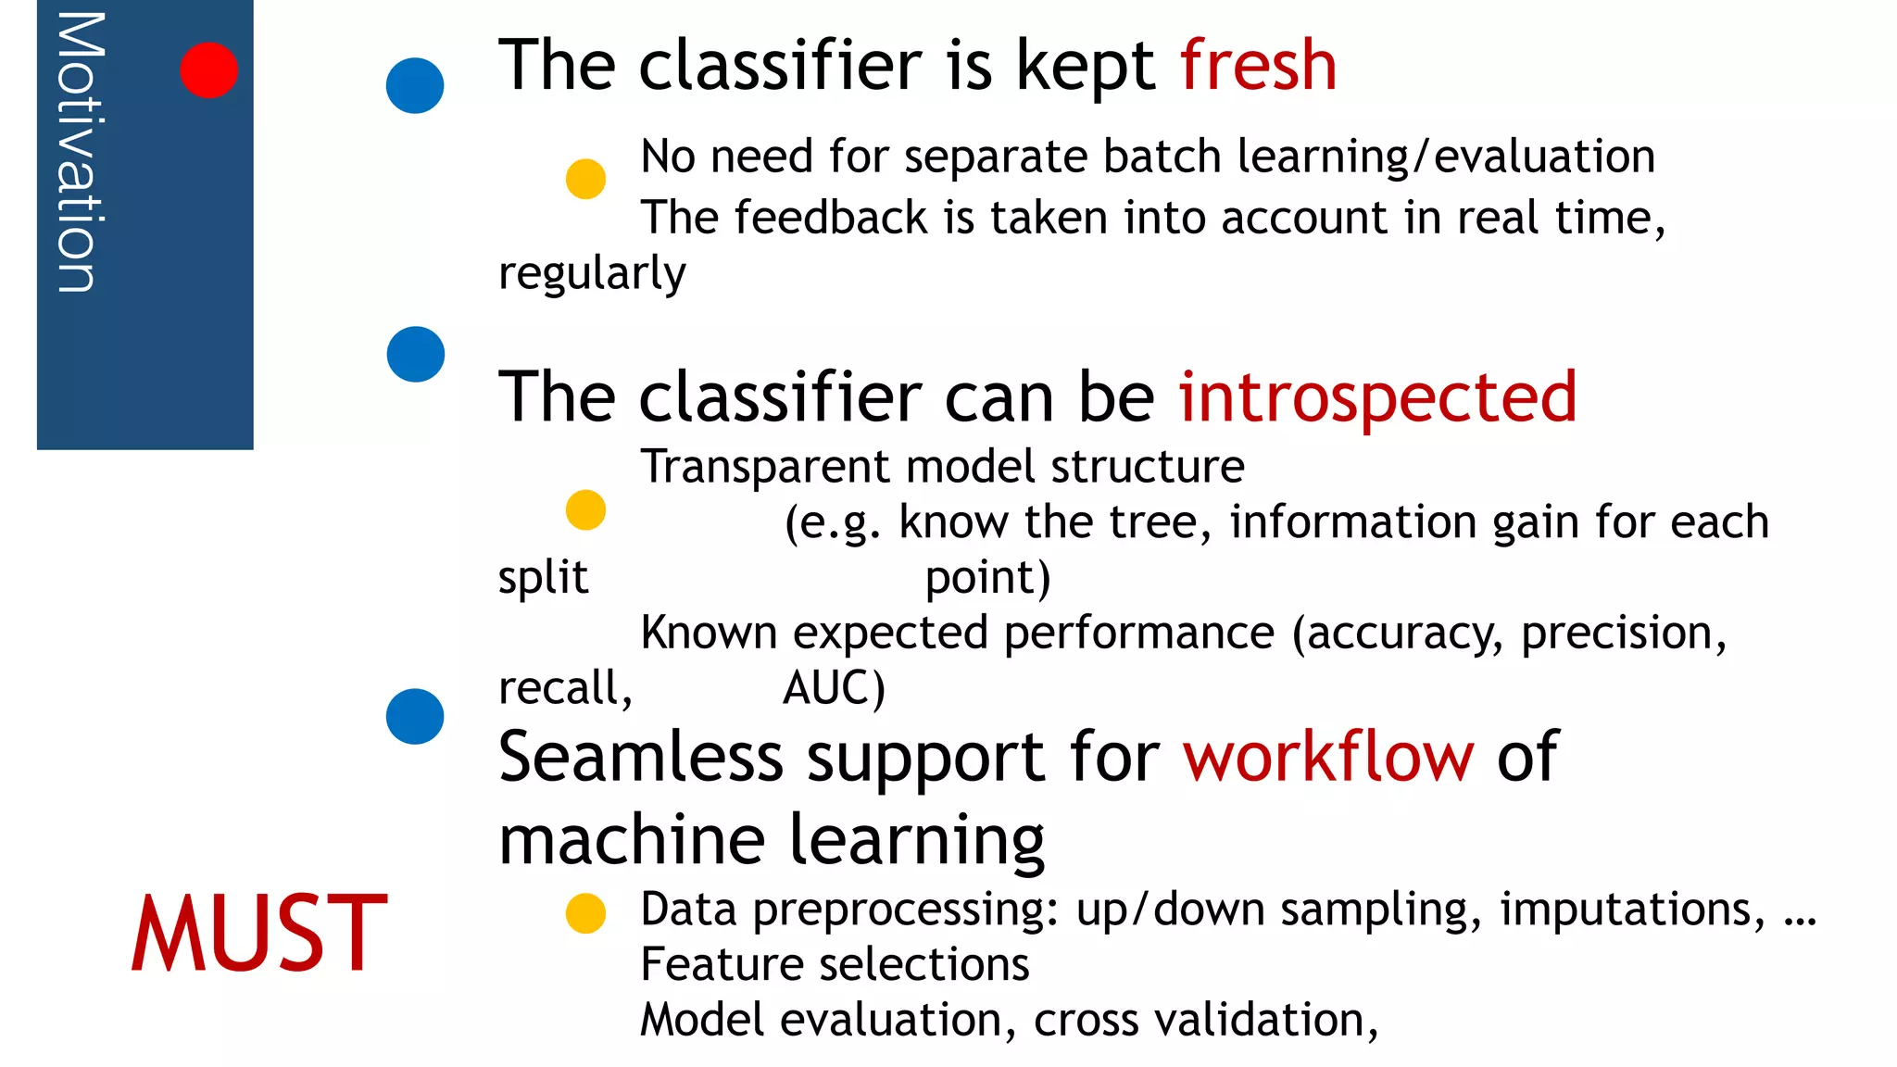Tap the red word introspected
(x=1377, y=396)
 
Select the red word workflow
(x=1327, y=756)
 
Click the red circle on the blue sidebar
(x=208, y=69)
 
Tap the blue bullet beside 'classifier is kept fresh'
(x=415, y=85)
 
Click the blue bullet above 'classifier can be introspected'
(x=416, y=354)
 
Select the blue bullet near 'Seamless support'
(x=415, y=716)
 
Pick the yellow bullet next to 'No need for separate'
(x=585, y=178)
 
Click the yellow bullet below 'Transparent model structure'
(x=585, y=509)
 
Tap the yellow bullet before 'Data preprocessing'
(x=585, y=913)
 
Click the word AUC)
(x=834, y=688)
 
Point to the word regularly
(x=592, y=273)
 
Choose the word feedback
(x=831, y=218)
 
